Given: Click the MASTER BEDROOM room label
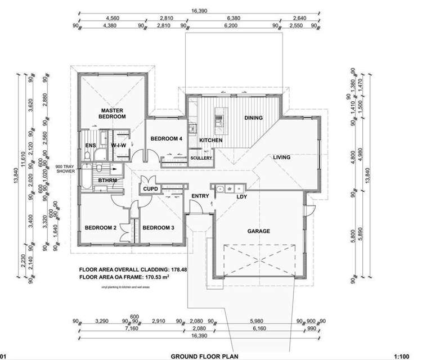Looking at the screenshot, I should pyautogui.click(x=113, y=113).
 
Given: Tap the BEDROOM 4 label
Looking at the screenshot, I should pyautogui.click(x=165, y=139).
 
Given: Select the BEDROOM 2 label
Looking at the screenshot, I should pyautogui.click(x=100, y=228).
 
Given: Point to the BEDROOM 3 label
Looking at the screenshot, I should pyautogui.click(x=158, y=228).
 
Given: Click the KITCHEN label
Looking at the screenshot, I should pyautogui.click(x=210, y=140).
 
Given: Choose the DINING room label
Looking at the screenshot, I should pyautogui.click(x=254, y=118).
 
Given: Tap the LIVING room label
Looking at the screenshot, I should pyautogui.click(x=282, y=157).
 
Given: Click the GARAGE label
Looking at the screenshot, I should pyautogui.click(x=259, y=231).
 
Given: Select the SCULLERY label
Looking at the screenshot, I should pyautogui.click(x=201, y=158).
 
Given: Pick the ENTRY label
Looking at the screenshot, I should pyautogui.click(x=200, y=196).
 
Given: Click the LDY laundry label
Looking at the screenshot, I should pyautogui.click(x=242, y=196).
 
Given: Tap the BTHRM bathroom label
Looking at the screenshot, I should pyautogui.click(x=107, y=181).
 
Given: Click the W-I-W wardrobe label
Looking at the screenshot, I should pyautogui.click(x=119, y=146).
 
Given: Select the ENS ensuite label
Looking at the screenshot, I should pyautogui.click(x=90, y=146).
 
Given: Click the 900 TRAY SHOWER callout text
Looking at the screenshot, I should pyautogui.click(x=66, y=170).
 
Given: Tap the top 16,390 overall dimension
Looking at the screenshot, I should pyautogui.click(x=201, y=10).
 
